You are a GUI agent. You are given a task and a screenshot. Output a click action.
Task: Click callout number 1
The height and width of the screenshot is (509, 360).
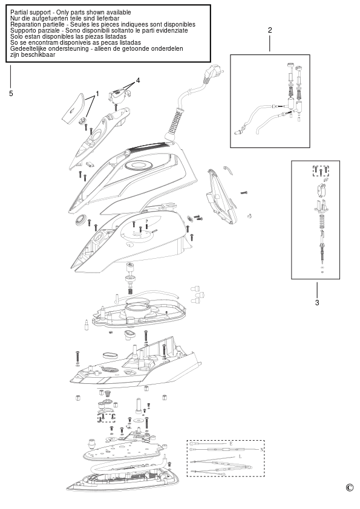click(x=97, y=94)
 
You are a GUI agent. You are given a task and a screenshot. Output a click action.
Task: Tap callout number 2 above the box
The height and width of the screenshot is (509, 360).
click(x=270, y=30)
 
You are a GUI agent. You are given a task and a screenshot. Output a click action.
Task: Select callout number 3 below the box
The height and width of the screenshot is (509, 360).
click(x=317, y=302)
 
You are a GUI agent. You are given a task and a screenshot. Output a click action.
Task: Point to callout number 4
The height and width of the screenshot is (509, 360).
click(x=138, y=80)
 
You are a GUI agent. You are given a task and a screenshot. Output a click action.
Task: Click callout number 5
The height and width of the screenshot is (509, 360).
click(x=11, y=94)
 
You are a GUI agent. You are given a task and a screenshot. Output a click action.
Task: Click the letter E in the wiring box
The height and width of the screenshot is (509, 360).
click(x=231, y=444)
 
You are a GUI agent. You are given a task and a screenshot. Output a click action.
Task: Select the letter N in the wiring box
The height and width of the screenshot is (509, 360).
click(x=261, y=450)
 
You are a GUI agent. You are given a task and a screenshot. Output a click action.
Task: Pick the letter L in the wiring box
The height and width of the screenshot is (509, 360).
click(x=240, y=456)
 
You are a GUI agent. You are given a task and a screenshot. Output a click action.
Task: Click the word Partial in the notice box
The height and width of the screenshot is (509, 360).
click(x=19, y=12)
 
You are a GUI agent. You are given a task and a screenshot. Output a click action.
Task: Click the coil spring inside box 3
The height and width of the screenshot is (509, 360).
click(x=321, y=221)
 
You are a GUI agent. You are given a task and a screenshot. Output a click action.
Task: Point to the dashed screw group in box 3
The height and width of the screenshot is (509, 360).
click(x=321, y=170)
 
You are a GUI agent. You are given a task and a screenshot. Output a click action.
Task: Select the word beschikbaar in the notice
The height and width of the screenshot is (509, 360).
click(x=38, y=54)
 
